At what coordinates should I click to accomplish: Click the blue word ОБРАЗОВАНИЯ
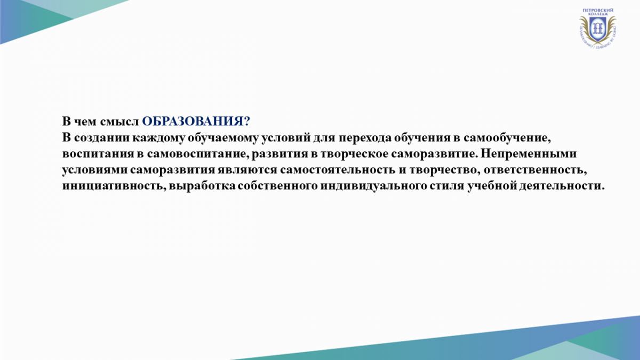pyautogui.click(x=193, y=122)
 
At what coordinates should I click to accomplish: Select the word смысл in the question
pyautogui.click(x=119, y=122)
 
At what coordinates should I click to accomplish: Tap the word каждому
pyautogui.click(x=158, y=138)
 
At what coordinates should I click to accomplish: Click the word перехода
pyautogui.click(x=365, y=138)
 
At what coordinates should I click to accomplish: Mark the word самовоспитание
pyautogui.click(x=198, y=154)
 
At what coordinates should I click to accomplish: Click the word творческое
pyautogui.click(x=354, y=154)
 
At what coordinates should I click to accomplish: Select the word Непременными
pyautogui.click(x=529, y=154)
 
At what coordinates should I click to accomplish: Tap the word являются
pyautogui.click(x=247, y=170)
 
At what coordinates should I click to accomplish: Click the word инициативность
pyautogui.click(x=114, y=186)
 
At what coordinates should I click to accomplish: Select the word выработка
pyautogui.click(x=202, y=186)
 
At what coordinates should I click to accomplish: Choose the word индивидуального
pyautogui.click(x=373, y=186)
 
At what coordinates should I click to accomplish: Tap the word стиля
pyautogui.click(x=447, y=186)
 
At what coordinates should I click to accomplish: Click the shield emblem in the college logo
pyautogui.click(x=598, y=29)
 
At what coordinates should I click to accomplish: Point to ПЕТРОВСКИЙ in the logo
pyautogui.click(x=598, y=10)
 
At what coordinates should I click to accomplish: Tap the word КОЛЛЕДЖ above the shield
pyautogui.click(x=598, y=14)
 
